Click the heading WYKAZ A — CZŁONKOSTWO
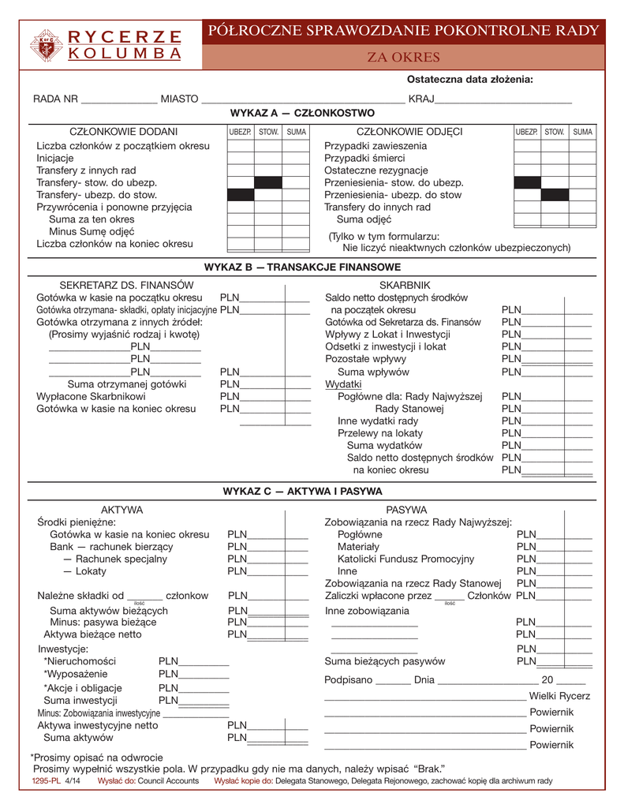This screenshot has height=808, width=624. (x=301, y=114)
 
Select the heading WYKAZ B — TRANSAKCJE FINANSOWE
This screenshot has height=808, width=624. (x=302, y=267)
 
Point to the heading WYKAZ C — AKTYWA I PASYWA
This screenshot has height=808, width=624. (x=303, y=491)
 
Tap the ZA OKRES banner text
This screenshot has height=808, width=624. (x=404, y=58)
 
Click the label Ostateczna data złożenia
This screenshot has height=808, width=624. (x=469, y=79)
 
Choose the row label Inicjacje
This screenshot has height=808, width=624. (x=55, y=159)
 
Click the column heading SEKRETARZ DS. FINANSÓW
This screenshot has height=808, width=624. (x=115, y=284)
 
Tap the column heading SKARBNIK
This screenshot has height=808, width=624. (x=405, y=284)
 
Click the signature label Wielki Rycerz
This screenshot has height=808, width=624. (x=559, y=696)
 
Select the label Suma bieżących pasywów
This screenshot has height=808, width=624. (x=385, y=661)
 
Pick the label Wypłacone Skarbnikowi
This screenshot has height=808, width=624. (x=91, y=396)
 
